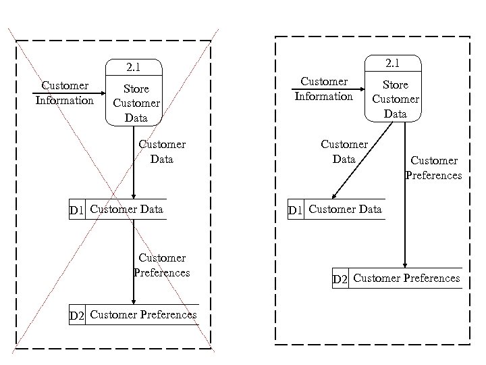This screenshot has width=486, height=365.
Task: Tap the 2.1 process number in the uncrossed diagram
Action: (x=395, y=64)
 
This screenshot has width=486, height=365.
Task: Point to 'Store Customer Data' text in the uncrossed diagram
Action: (x=395, y=99)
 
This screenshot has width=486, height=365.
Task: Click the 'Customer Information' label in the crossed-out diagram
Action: (x=65, y=93)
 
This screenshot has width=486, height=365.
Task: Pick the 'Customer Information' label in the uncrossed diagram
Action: (x=324, y=89)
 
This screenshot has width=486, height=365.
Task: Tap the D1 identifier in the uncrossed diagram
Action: (x=296, y=210)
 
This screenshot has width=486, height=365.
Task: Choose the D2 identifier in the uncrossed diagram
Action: (x=341, y=279)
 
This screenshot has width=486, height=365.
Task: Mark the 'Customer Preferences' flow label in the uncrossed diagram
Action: (x=433, y=168)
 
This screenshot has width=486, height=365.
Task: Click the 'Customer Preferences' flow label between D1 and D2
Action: (x=162, y=265)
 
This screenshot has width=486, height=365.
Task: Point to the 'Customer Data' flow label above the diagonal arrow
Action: (x=344, y=151)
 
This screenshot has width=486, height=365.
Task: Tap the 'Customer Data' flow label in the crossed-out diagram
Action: (x=162, y=151)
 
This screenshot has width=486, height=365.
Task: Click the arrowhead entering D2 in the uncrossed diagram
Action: (x=405, y=264)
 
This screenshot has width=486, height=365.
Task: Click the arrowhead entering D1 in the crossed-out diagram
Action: (x=134, y=196)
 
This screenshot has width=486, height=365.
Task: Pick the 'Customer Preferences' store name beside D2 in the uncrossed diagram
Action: (x=406, y=278)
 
